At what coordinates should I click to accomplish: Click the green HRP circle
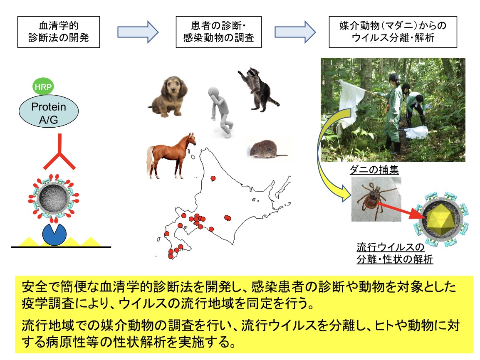point(43,86)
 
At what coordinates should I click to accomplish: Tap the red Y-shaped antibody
point(60,152)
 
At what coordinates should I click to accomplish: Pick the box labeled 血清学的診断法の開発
point(59,32)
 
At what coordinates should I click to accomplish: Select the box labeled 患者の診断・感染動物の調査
point(218,32)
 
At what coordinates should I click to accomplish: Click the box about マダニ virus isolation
point(393,32)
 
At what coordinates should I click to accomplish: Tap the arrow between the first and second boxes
point(138,32)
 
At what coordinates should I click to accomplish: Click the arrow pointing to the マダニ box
point(295,32)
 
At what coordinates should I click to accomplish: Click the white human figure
point(221,112)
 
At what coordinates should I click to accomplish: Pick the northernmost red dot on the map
point(213,178)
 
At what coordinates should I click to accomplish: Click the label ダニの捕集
point(374,170)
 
